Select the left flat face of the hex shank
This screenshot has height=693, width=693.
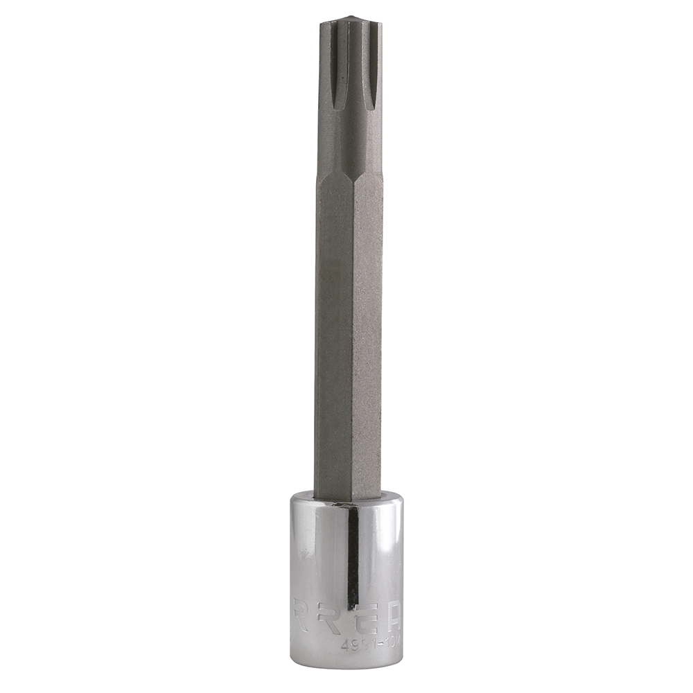pos(334,333)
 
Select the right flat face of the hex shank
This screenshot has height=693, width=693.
pos(367,333)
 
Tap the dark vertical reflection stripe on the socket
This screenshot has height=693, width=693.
pos(353,554)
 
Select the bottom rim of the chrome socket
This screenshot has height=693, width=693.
pos(346,664)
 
